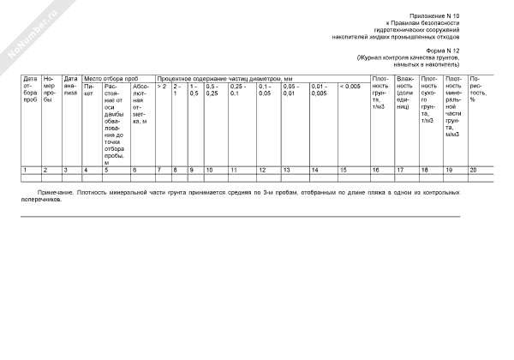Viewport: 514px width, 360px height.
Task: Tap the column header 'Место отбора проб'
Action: click(110, 79)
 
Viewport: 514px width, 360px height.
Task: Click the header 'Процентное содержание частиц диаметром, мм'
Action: click(226, 79)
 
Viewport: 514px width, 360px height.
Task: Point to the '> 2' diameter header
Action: click(161, 87)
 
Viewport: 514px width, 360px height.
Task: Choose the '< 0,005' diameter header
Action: click(350, 87)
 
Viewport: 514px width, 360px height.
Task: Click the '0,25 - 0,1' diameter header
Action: click(239, 89)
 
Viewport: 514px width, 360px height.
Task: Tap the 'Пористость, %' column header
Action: click(479, 89)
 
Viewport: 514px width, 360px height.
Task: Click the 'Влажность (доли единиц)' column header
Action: click(405, 94)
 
